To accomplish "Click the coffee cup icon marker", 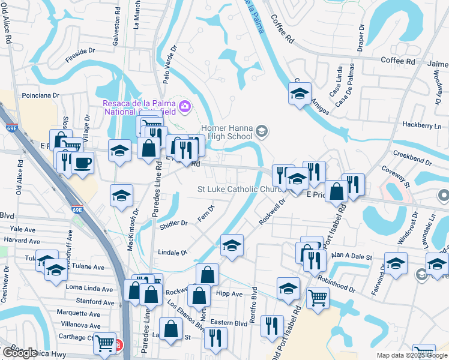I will (x=83, y=163).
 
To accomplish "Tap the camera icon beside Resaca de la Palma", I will (x=185, y=106).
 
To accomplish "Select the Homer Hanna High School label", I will (x=226, y=132).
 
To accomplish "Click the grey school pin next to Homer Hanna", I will (x=261, y=130).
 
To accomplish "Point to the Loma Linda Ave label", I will (x=89, y=289).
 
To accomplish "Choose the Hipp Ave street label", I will (x=229, y=294).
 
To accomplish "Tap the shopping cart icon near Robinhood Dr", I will (x=318, y=296).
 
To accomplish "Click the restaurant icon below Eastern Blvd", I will (x=215, y=337).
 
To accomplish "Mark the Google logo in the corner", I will (x=20, y=353).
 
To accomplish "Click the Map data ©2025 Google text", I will (x=411, y=355).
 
